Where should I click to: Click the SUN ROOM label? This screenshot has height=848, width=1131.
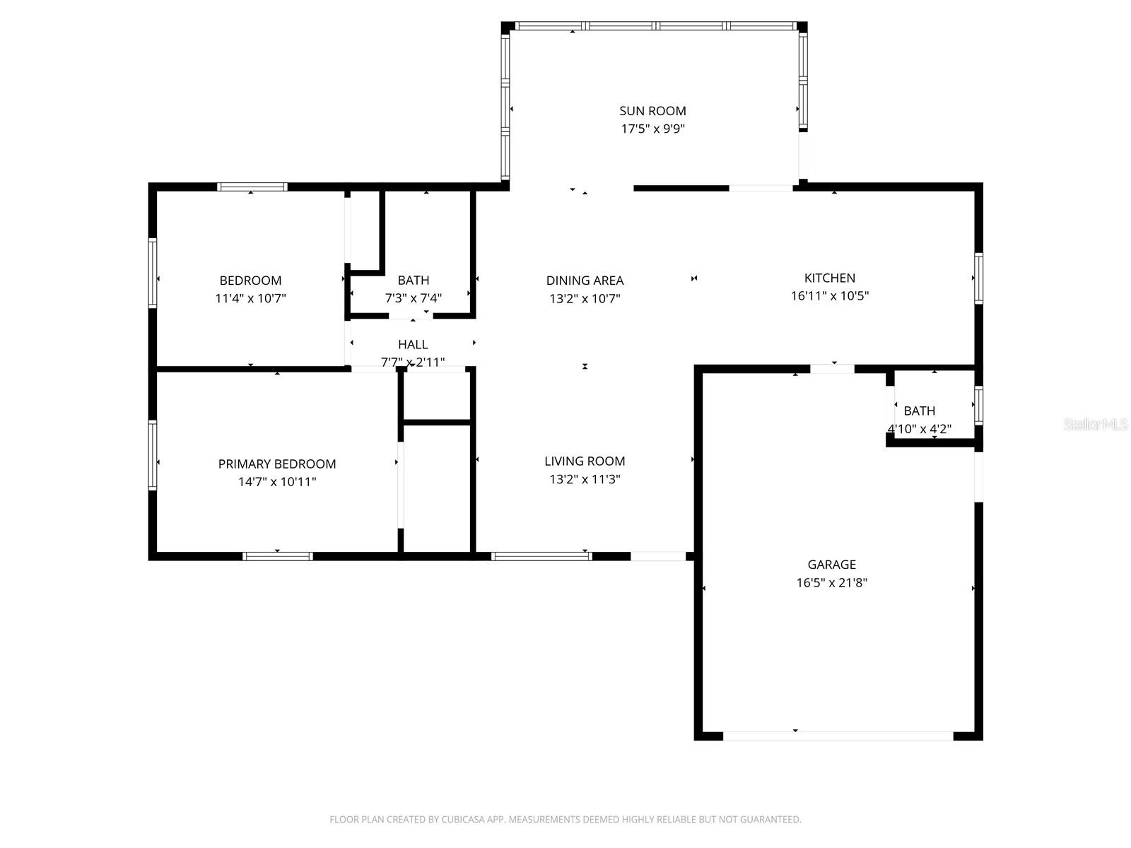(652, 111)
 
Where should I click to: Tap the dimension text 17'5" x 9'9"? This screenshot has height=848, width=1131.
(652, 129)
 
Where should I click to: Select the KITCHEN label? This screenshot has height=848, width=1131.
(829, 278)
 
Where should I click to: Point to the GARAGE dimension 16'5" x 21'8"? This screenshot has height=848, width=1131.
(831, 583)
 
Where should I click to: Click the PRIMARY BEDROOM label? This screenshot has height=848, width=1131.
(276, 464)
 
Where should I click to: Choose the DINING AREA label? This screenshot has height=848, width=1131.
(585, 281)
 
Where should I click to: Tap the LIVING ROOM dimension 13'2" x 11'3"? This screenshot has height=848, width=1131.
(585, 479)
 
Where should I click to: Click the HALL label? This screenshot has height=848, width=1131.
(413, 344)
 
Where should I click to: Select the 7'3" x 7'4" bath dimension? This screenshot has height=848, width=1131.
(413, 298)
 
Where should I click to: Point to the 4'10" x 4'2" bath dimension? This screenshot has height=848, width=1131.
(919, 429)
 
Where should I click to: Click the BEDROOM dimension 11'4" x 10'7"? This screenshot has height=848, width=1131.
(250, 298)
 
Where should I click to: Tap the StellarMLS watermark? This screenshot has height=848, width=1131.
(1096, 425)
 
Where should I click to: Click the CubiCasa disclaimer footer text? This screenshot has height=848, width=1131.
(565, 820)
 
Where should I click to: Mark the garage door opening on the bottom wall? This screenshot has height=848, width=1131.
(838, 736)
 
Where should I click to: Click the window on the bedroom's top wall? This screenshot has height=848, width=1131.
(252, 187)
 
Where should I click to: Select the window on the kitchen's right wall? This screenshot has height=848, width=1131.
(978, 278)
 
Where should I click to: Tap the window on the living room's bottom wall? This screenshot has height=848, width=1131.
(541, 556)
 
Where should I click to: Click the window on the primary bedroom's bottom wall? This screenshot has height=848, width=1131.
(278, 556)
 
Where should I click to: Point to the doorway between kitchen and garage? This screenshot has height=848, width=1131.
(832, 368)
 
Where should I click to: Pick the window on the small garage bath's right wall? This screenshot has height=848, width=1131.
(978, 405)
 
